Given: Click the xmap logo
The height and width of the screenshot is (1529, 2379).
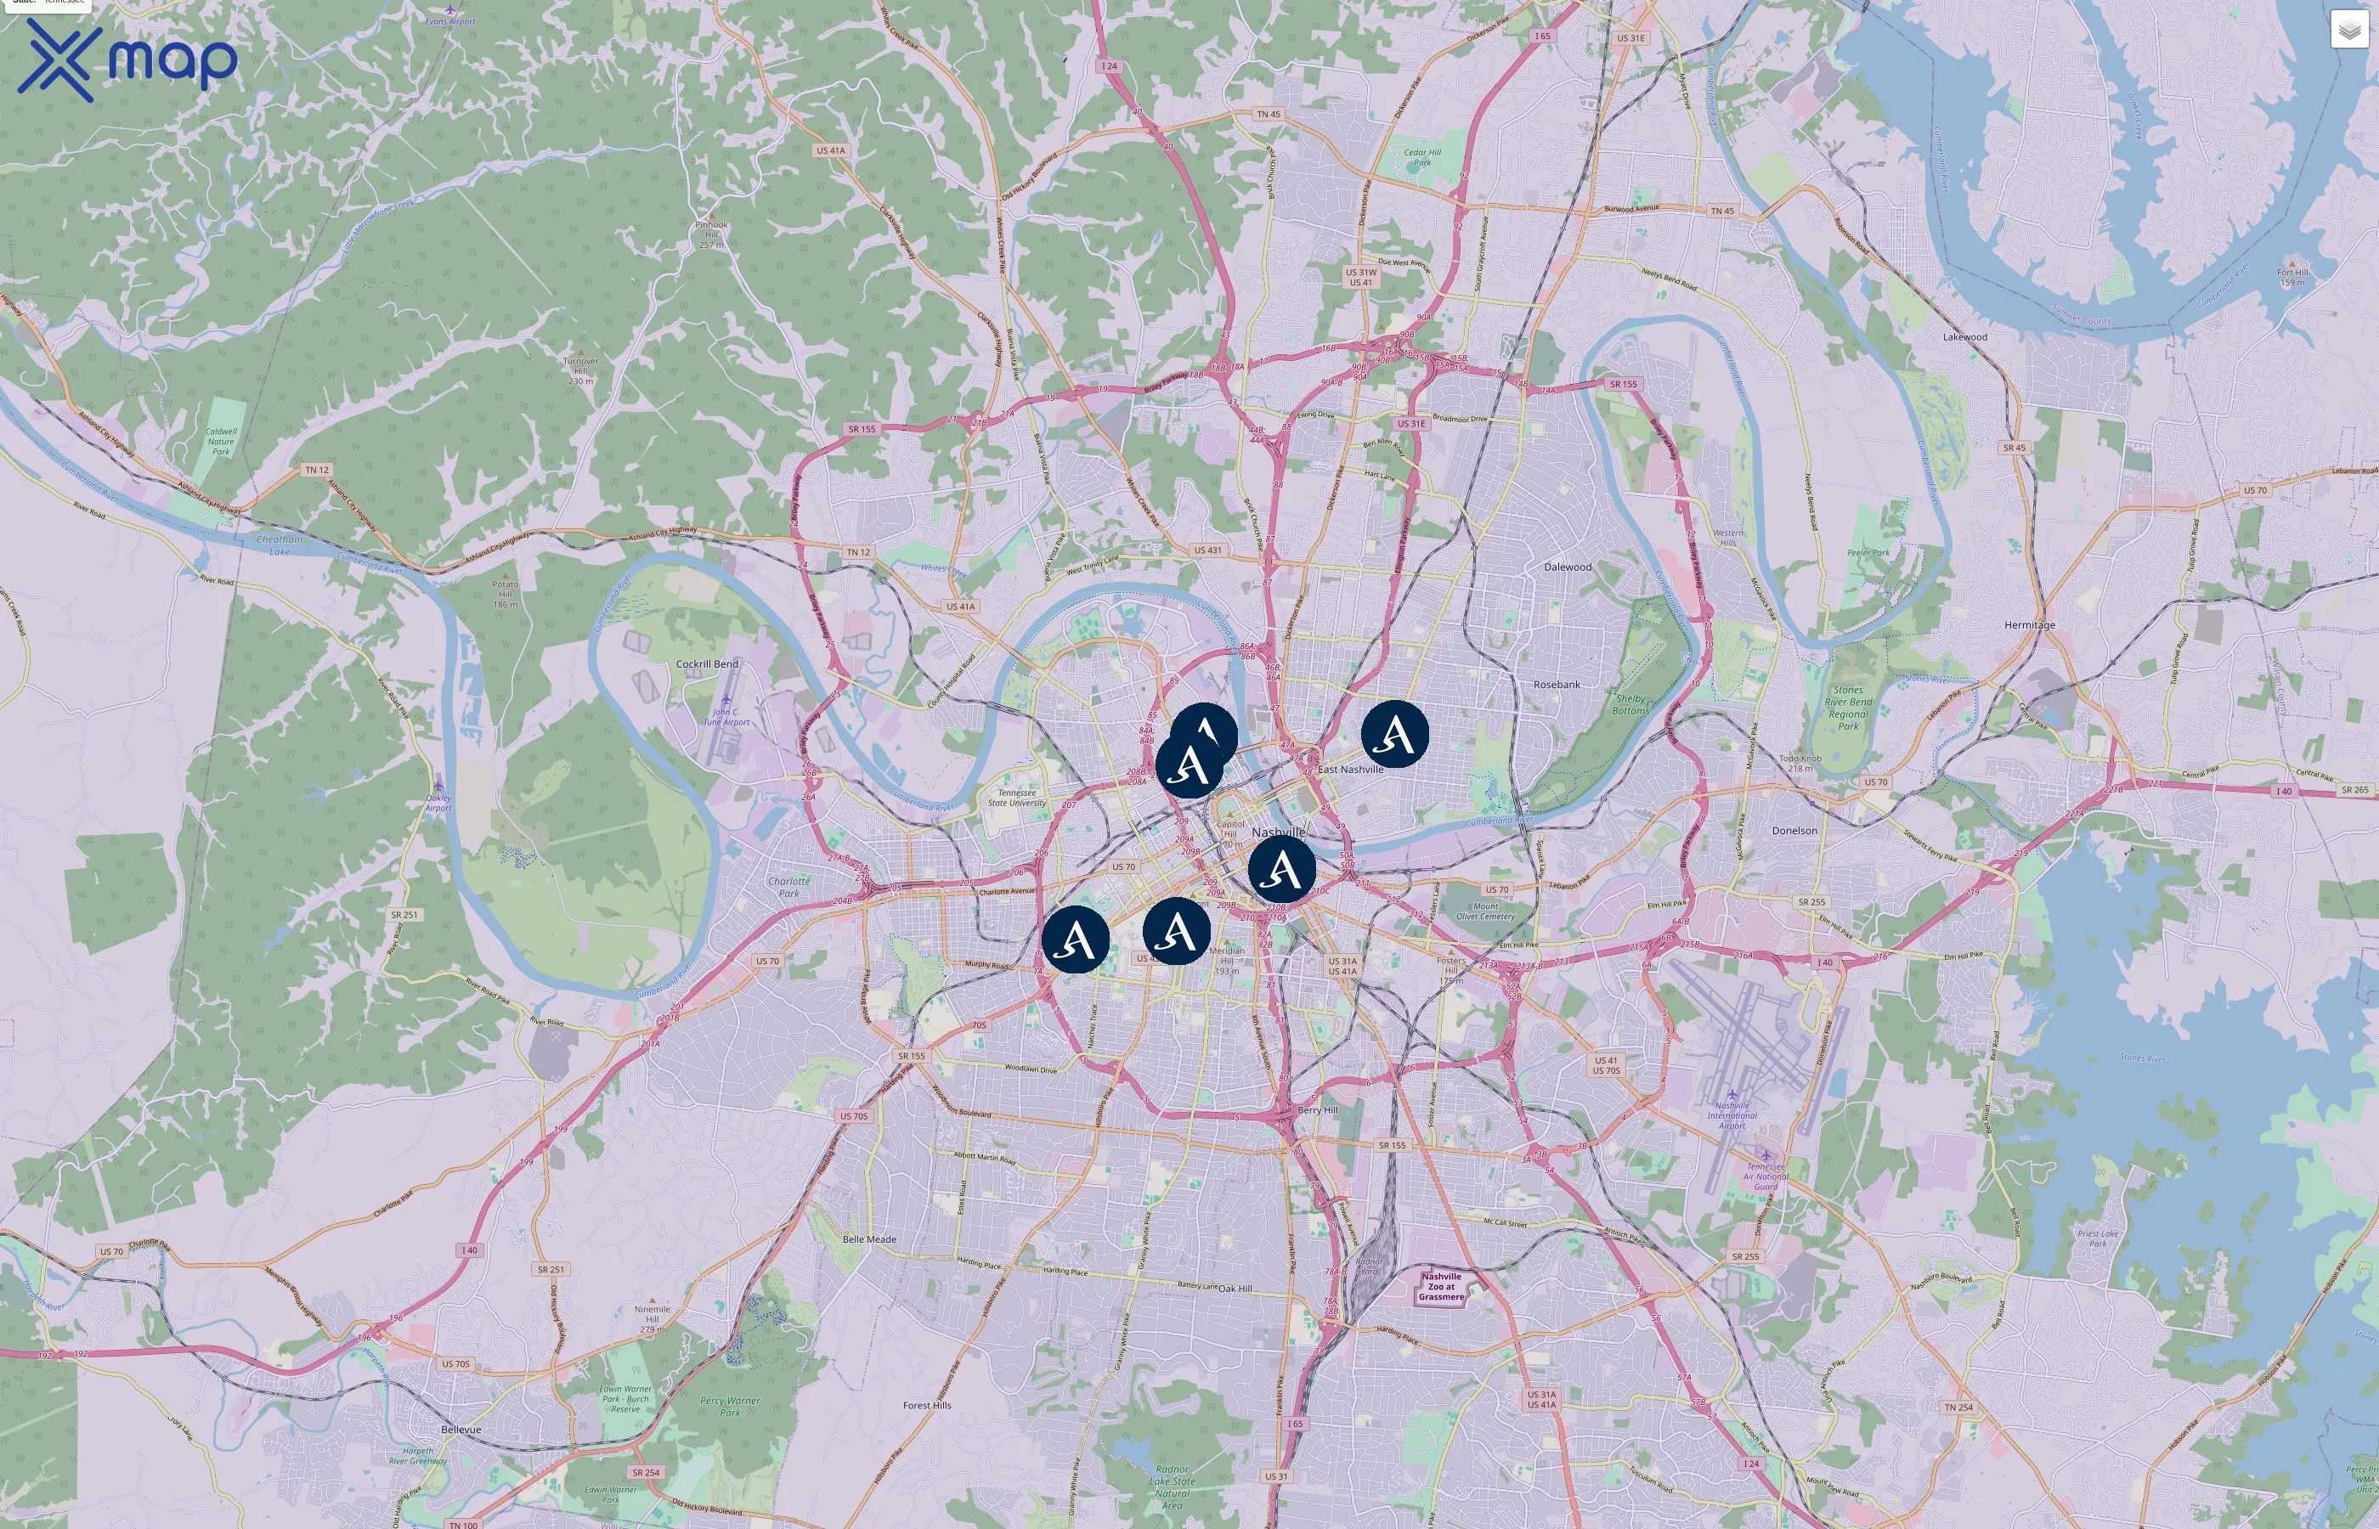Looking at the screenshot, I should click(127, 60).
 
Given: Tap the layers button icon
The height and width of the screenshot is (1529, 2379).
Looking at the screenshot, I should click(2348, 30).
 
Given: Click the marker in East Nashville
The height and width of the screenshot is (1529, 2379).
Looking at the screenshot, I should click(1394, 734).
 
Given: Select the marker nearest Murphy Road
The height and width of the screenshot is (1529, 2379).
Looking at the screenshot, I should click(1076, 939).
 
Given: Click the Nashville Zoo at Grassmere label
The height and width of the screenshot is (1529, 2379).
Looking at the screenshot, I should click(1441, 1286).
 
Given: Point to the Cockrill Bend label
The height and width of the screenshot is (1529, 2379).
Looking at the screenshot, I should click(707, 664).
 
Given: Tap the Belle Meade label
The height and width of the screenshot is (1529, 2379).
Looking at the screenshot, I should click(869, 1239).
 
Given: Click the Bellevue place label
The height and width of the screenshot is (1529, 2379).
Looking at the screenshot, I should click(461, 1430).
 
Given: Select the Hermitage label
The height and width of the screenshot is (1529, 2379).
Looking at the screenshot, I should click(2030, 624).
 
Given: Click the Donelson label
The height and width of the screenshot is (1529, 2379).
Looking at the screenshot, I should click(1794, 830).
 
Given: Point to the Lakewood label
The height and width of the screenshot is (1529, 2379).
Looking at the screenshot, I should click(1965, 336).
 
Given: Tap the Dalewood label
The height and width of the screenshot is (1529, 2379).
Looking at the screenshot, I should click(1568, 567).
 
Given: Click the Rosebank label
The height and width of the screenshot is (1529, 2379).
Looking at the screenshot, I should click(1557, 684).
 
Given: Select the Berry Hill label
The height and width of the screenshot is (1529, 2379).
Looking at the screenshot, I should click(1318, 1110).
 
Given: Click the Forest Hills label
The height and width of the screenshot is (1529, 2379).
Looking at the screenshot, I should click(926, 1405).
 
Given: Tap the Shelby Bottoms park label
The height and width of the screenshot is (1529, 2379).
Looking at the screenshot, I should click(1630, 704).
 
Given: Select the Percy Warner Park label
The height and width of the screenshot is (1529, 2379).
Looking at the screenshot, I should click(730, 1406).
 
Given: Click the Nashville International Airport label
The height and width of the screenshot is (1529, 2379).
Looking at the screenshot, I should click(1732, 1115).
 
